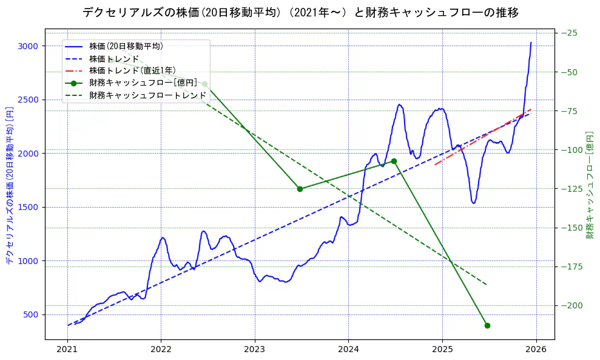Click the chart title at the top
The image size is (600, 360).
tap(300, 12)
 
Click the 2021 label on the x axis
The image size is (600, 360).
tap(67, 350)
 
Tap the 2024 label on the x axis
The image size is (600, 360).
tap(348, 350)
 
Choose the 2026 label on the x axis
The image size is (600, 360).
tap(536, 350)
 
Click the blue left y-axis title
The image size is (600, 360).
tap(10, 186)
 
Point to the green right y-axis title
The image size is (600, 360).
tap(590, 185)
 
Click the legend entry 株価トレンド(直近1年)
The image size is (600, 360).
tap(132, 70)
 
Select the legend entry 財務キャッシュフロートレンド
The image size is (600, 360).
tap(147, 95)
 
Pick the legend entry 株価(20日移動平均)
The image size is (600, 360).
tap(126, 46)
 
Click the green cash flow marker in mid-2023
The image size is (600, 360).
tap(300, 189)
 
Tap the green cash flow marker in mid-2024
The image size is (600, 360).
tap(394, 161)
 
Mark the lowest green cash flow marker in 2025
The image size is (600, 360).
tap(487, 325)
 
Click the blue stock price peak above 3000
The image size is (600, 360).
tap(531, 43)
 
